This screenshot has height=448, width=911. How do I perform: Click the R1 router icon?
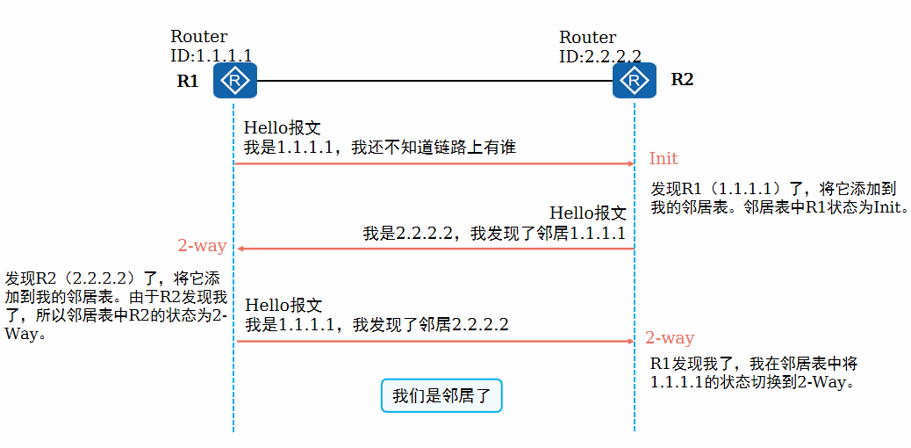(234, 81)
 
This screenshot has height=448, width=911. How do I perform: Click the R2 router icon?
(634, 81)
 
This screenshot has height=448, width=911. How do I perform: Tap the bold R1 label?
(188, 82)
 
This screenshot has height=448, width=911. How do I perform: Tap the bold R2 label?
(682, 79)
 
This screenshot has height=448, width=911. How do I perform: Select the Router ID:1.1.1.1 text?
(210, 47)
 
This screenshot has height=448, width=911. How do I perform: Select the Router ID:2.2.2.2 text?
(599, 47)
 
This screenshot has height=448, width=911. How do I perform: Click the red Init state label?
(664, 159)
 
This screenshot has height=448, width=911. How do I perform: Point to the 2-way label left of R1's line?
(202, 246)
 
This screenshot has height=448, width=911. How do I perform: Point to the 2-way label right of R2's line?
(670, 338)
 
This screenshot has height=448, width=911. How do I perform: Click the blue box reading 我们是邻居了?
(441, 395)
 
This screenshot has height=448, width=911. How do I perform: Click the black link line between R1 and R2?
(434, 81)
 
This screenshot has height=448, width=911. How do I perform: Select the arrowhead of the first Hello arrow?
(629, 163)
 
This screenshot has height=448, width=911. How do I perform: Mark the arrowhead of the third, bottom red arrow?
(629, 341)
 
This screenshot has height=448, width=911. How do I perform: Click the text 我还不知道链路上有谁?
(434, 148)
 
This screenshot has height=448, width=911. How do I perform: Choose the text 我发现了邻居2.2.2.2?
(431, 325)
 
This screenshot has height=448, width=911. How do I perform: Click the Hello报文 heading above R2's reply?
(587, 213)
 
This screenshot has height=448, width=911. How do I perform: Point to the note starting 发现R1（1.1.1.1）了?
(778, 199)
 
